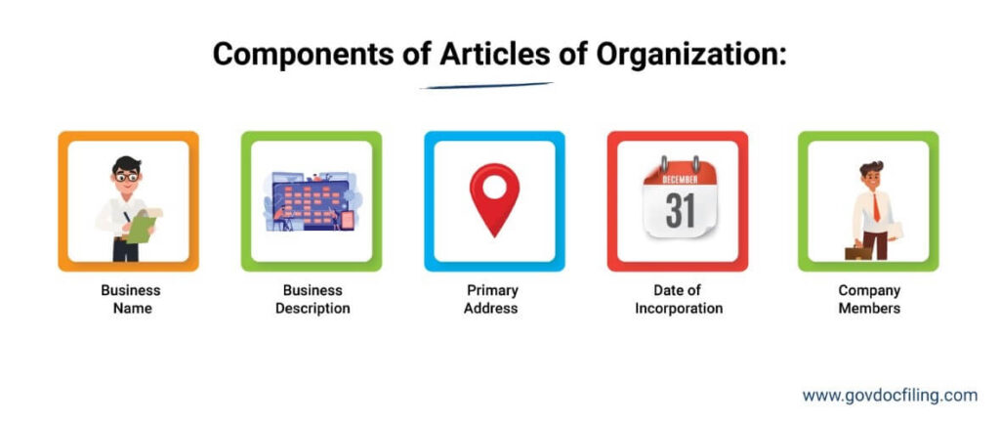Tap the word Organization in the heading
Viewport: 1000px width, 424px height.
point(684,54)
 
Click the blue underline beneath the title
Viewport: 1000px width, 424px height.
point(485,86)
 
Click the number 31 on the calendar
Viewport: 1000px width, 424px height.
point(679,210)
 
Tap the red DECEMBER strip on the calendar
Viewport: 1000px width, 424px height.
point(679,180)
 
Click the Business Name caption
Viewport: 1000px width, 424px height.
point(130,299)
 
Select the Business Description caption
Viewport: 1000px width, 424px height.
point(312,299)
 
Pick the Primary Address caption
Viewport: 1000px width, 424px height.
point(492,299)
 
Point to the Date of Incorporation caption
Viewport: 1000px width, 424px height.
point(679,299)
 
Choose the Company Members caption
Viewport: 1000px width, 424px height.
point(869,299)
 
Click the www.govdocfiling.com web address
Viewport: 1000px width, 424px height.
point(890,396)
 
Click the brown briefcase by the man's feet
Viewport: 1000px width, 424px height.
point(858,252)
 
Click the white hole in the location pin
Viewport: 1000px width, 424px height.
point(494,185)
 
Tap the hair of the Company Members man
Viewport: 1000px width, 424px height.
point(872,168)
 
